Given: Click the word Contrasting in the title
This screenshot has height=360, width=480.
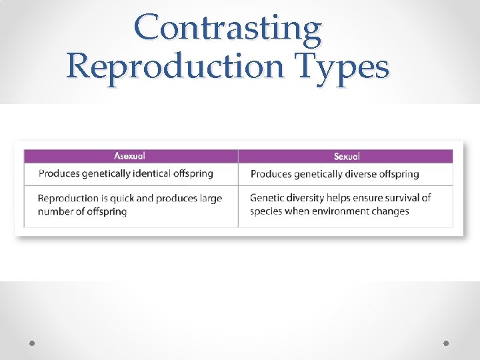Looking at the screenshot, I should coord(227,29).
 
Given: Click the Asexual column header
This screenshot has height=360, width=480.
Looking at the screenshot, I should coord(129,156).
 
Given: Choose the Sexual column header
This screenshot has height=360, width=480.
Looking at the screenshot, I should coord(346,156).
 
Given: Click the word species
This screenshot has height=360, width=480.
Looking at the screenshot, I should coord(266,211).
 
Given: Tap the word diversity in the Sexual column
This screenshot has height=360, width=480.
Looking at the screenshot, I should coord(305,197).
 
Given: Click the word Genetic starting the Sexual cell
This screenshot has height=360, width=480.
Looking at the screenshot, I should coord(266,197).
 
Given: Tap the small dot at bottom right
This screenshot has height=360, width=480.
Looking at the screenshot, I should coord(446,343).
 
